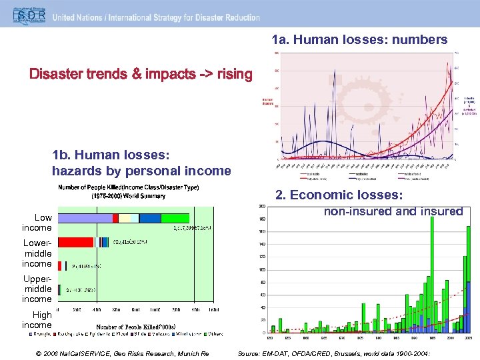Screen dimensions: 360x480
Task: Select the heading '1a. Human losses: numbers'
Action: pos(359,40)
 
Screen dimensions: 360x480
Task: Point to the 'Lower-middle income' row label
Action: pos(37,253)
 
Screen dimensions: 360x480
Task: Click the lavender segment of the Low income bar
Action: pos(85,218)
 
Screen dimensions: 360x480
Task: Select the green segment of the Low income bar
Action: pos(175,218)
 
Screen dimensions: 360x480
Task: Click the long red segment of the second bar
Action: pos(76,242)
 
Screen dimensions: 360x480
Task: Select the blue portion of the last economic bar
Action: pos(469,307)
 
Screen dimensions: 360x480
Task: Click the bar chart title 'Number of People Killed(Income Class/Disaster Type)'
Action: pos(128,187)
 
